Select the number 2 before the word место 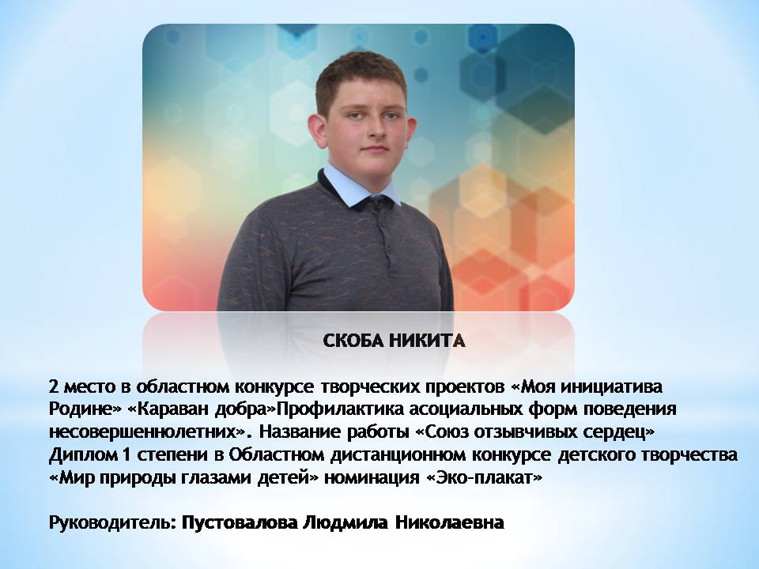tap(53, 387)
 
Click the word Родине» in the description tap(85, 409)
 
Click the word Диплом tap(82, 455)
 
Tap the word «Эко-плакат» tap(484, 477)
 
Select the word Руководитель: tap(113, 523)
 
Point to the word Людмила tap(346, 523)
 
